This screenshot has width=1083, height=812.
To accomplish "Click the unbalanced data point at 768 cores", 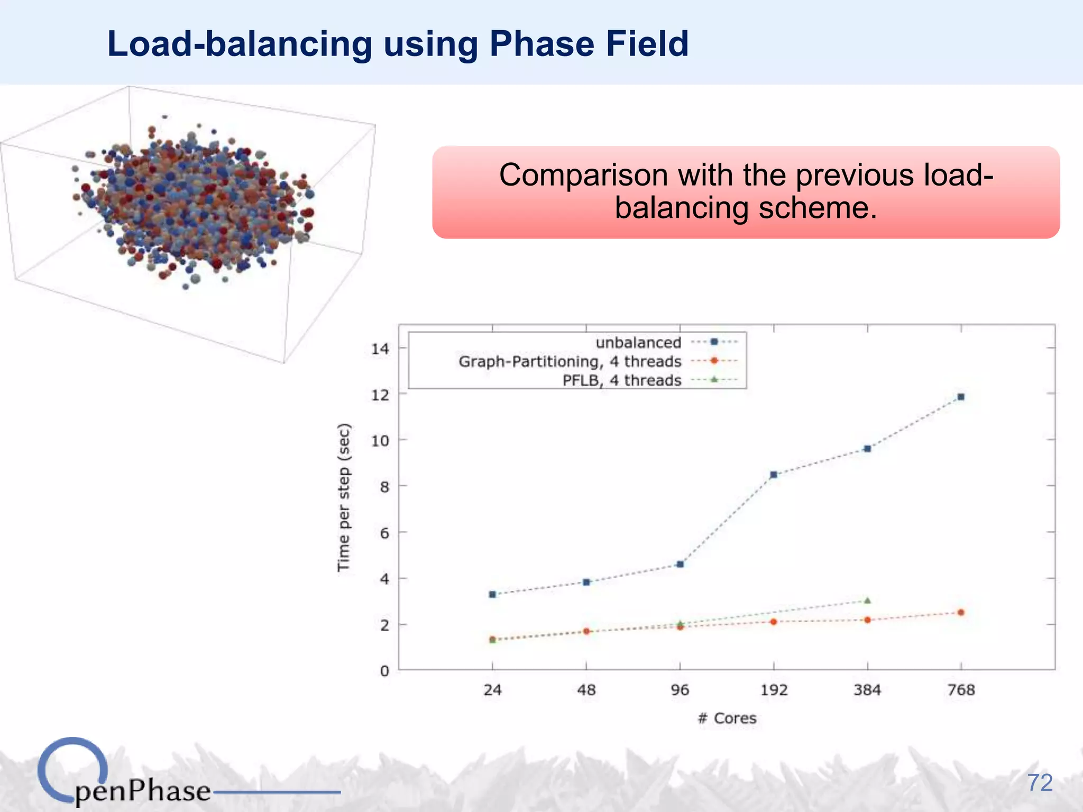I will coord(961,397).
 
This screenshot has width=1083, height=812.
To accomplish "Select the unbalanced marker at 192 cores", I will coord(774,475).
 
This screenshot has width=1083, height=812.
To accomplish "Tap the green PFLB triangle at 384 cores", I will coord(867,601).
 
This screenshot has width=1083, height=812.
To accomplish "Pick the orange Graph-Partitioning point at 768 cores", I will coord(961,613).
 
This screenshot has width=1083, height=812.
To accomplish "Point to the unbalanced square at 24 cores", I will coord(492,594).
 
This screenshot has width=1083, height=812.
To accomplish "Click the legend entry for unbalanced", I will coord(638,343).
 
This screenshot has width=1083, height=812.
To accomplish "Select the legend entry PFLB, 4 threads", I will coord(622,381).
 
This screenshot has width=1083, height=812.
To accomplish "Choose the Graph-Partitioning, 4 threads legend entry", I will coord(570,362).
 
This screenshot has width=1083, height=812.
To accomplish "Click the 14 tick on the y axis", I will coord(380,349).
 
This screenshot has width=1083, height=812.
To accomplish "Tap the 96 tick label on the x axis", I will coord(680,690).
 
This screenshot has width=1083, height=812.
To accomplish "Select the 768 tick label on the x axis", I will coord(961,690).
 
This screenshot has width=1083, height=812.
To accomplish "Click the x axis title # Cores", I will coord(727,718).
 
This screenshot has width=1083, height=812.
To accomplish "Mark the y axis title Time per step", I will coord(344,497).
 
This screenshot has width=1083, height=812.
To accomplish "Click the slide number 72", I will coord(1040,783).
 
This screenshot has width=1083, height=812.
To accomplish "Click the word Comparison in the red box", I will coord(583,175).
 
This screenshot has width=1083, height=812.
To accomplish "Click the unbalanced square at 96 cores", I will coord(680,565).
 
